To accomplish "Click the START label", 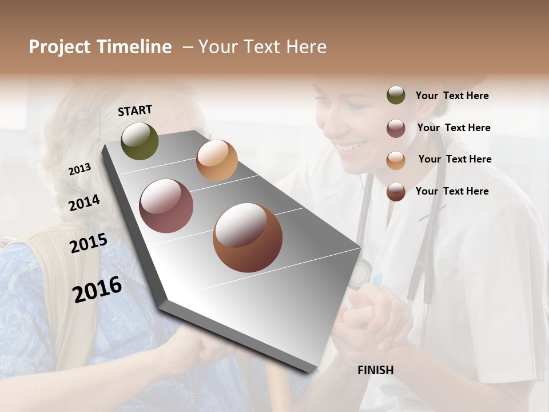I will pyautogui.click(x=135, y=110).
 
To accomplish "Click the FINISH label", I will pyautogui.click(x=375, y=370).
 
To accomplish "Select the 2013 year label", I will pyautogui.click(x=79, y=169).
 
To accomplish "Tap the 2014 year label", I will pyautogui.click(x=84, y=203).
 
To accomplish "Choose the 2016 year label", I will pyautogui.click(x=97, y=289).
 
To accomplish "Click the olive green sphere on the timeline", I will pyautogui.click(x=140, y=141).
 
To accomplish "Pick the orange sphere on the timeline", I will pyautogui.click(x=217, y=160).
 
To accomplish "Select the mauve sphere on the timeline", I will pyautogui.click(x=166, y=206).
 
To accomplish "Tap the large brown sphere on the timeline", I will pyautogui.click(x=248, y=237).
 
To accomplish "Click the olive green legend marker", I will pyautogui.click(x=396, y=96).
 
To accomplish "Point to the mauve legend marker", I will pyautogui.click(x=396, y=128).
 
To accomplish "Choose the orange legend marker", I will pyautogui.click(x=396, y=160).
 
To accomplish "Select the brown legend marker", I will pyautogui.click(x=396, y=192).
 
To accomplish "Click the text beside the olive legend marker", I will pyautogui.click(x=452, y=96).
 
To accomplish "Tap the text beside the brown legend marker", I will pyautogui.click(x=452, y=191).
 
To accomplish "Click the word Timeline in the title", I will pyautogui.click(x=134, y=47).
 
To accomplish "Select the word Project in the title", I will pyautogui.click(x=60, y=47).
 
